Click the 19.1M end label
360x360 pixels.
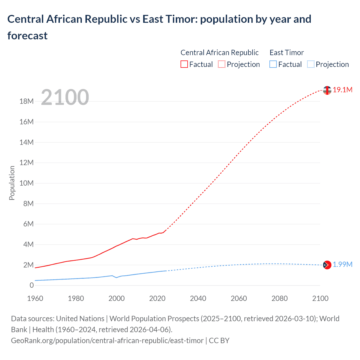342,90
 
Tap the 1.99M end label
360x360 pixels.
342,265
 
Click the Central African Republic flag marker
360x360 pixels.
327,90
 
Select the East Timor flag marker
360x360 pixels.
327,265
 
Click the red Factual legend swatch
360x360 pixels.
184,64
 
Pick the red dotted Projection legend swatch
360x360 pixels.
222,64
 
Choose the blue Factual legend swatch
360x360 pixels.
273,64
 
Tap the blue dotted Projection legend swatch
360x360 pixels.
310,64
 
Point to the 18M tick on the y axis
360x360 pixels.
26,102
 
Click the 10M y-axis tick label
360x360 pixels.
26,183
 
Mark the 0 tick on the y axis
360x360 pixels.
31,285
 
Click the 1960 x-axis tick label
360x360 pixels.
35,298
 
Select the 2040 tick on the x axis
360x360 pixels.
198,298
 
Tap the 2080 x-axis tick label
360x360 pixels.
280,298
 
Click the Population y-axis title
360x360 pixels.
12,183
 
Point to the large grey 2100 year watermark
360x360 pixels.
65,97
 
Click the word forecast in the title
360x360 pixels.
27,36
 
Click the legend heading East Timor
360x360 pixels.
287,53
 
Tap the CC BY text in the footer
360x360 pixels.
219,341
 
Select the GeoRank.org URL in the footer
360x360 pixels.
107,341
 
